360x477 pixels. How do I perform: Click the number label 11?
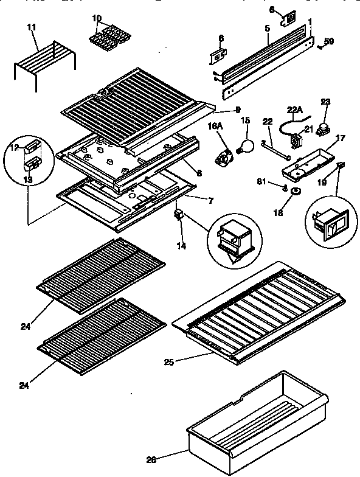click(32, 27)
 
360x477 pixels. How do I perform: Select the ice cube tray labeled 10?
click(108, 41)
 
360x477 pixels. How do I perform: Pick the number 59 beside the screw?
click(328, 42)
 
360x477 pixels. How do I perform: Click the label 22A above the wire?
click(294, 110)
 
